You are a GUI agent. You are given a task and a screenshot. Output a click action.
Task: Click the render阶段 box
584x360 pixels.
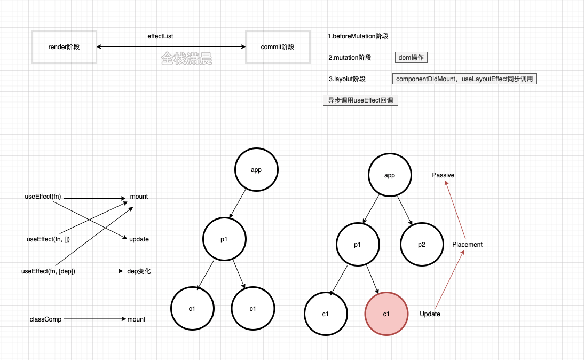[64, 46]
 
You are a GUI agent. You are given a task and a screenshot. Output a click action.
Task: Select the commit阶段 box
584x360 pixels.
[278, 46]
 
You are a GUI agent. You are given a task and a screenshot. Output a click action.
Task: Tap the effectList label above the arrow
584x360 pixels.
[160, 36]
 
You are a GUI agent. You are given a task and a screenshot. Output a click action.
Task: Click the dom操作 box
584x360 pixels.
[411, 57]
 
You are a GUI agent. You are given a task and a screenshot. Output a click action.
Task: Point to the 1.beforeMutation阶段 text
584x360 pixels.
[358, 36]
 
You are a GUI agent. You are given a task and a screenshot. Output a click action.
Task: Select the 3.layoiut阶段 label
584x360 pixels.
[347, 79]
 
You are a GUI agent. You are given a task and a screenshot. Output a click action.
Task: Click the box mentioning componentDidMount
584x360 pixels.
[464, 79]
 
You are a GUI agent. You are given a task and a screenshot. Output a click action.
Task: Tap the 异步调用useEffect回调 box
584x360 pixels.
[360, 100]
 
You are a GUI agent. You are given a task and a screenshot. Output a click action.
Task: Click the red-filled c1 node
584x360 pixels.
[386, 314]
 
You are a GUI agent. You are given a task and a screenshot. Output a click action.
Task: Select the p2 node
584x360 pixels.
[422, 245]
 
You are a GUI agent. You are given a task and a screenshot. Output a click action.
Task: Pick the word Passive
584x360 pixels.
[443, 175]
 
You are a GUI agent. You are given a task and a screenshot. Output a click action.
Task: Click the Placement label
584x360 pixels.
[467, 245]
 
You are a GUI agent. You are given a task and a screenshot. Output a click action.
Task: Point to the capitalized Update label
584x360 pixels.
[430, 314]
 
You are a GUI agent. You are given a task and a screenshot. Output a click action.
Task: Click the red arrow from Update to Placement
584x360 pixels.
[449, 279]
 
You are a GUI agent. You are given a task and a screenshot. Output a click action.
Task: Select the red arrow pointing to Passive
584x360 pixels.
[455, 209]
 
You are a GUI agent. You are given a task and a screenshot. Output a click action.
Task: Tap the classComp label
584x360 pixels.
[45, 319]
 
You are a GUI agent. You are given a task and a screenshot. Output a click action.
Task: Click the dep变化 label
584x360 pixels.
[139, 271]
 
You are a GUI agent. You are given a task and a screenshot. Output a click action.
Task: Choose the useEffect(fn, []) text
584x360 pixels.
[48, 239]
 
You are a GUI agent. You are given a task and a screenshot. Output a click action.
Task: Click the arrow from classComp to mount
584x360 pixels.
[95, 319]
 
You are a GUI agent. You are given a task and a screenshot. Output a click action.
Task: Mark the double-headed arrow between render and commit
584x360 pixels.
[171, 46]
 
